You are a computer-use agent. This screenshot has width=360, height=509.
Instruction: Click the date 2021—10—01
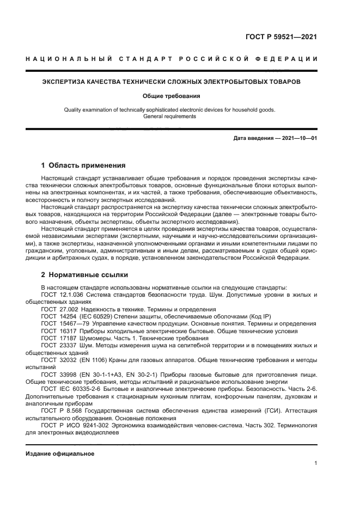298,138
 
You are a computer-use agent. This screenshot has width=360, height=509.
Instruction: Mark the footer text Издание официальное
60,453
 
